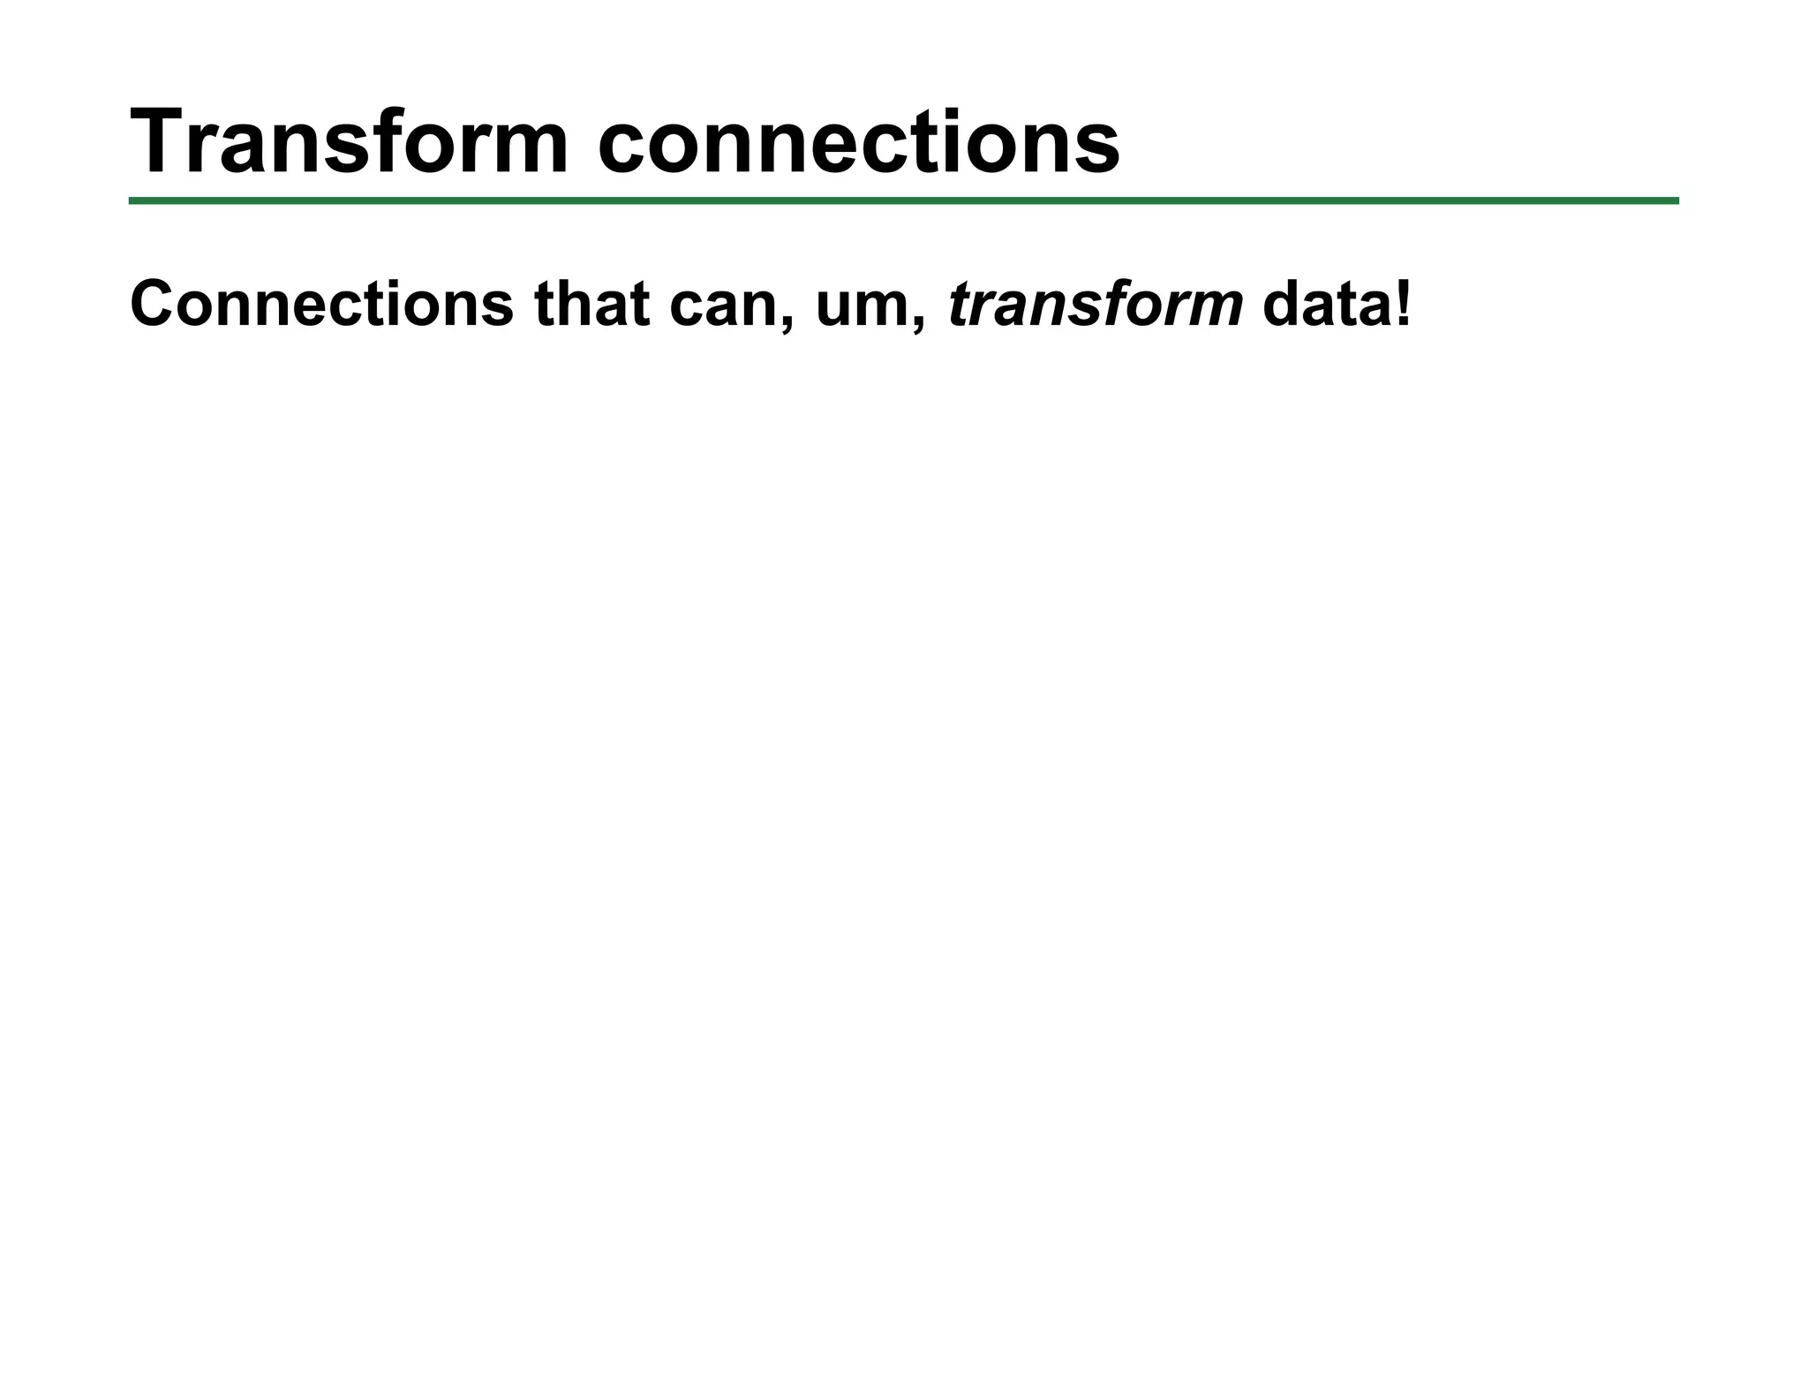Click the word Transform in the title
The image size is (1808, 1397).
350,141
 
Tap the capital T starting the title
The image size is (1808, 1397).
160,141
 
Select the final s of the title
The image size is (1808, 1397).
1097,146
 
